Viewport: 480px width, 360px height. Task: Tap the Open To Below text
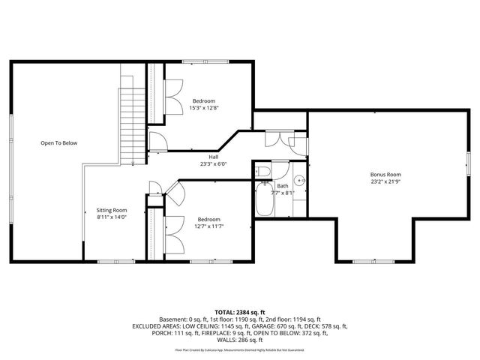58,142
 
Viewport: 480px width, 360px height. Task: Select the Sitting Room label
112,210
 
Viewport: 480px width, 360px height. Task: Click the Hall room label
213,156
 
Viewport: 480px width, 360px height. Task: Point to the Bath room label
282,185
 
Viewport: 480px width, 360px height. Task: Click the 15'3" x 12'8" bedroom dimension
204,109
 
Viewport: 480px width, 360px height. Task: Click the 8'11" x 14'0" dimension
112,217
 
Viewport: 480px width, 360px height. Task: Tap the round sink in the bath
299,180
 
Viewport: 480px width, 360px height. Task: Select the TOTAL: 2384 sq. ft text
240,313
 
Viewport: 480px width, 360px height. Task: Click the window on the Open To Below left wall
11,142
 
